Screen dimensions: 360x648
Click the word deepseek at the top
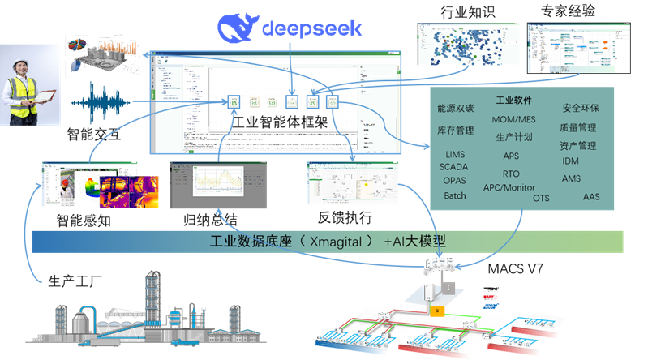coord(311,29)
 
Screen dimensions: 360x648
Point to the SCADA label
coord(453,167)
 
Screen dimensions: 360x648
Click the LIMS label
coord(456,154)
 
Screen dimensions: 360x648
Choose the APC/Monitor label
coord(509,187)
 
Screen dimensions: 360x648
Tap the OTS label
coord(541,198)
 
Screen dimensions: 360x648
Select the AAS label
coord(591,197)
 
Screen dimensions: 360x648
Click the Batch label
coord(455,195)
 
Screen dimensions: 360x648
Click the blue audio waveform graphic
coord(101,104)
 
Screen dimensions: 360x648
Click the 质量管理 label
coord(577,128)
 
